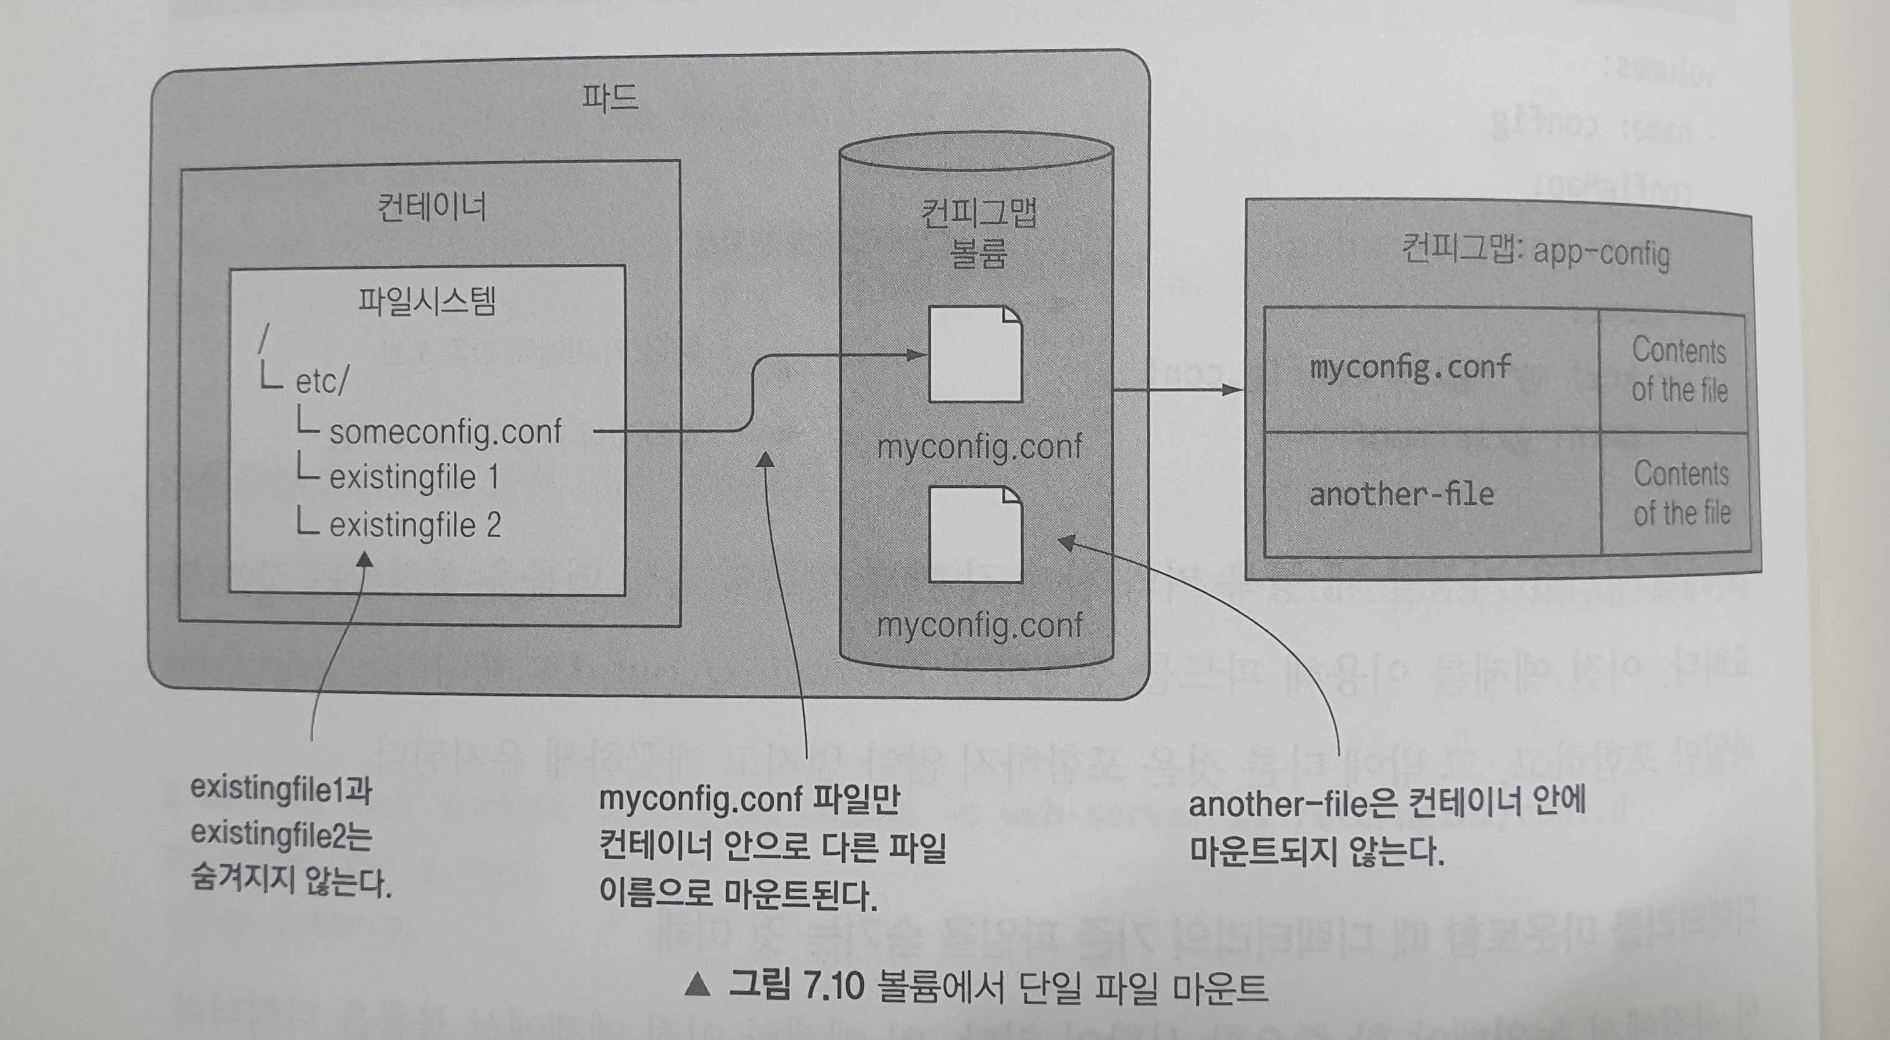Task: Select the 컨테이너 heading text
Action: point(431,207)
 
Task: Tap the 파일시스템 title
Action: point(426,301)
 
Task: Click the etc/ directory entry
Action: point(321,381)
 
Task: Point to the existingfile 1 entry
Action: point(414,478)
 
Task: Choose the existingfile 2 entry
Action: point(414,525)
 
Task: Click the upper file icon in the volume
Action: point(975,355)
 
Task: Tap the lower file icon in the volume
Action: point(975,534)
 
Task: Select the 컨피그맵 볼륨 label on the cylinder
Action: point(978,233)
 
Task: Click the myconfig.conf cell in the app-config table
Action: point(1410,367)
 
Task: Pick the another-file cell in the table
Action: point(1401,494)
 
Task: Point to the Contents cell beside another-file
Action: point(1681,494)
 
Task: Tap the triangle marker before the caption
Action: point(697,985)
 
